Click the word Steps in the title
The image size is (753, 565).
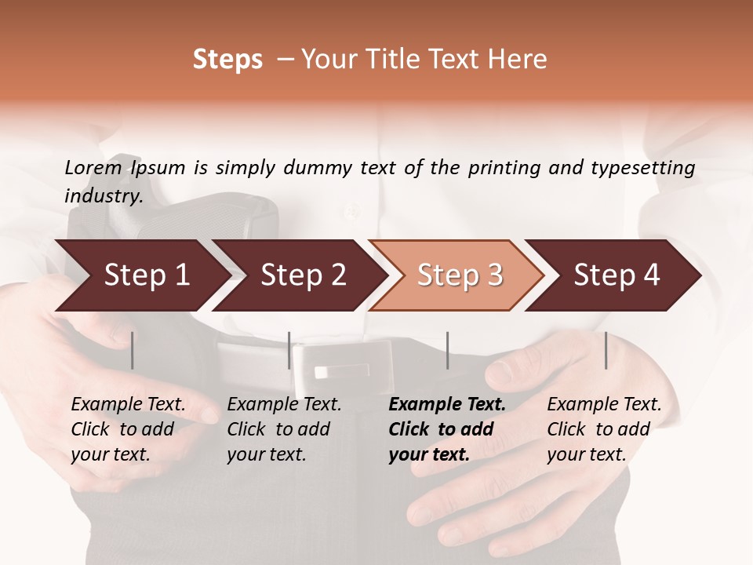227,60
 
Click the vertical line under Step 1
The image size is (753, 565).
133,350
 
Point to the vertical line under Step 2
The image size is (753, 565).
289,350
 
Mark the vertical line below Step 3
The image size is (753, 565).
447,350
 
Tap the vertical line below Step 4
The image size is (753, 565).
606,350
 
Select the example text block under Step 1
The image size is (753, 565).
129,429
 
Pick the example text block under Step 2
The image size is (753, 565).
284,429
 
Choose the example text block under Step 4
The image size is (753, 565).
604,429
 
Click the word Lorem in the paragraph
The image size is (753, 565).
93,168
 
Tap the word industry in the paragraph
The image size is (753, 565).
103,196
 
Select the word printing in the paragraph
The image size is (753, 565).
504,168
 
